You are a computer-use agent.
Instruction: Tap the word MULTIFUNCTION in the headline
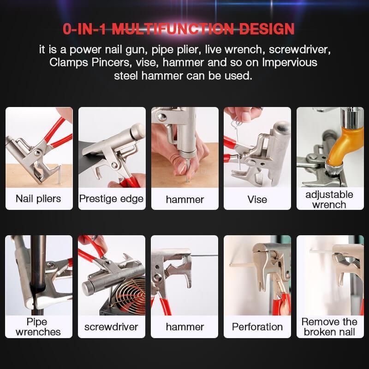(x=173, y=29)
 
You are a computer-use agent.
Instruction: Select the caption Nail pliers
(x=38, y=199)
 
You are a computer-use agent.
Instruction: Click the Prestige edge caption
(x=111, y=199)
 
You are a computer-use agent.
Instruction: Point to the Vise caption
(x=257, y=200)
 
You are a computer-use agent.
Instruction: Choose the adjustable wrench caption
(x=329, y=200)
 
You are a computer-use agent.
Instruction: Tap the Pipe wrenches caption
(x=38, y=327)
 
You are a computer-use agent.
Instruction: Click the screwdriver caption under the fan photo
(x=111, y=327)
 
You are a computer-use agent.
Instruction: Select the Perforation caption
(x=257, y=327)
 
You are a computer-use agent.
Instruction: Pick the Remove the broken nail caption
(x=329, y=327)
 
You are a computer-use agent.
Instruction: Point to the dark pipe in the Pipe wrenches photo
(x=38, y=275)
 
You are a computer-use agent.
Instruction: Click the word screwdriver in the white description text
(x=300, y=50)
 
